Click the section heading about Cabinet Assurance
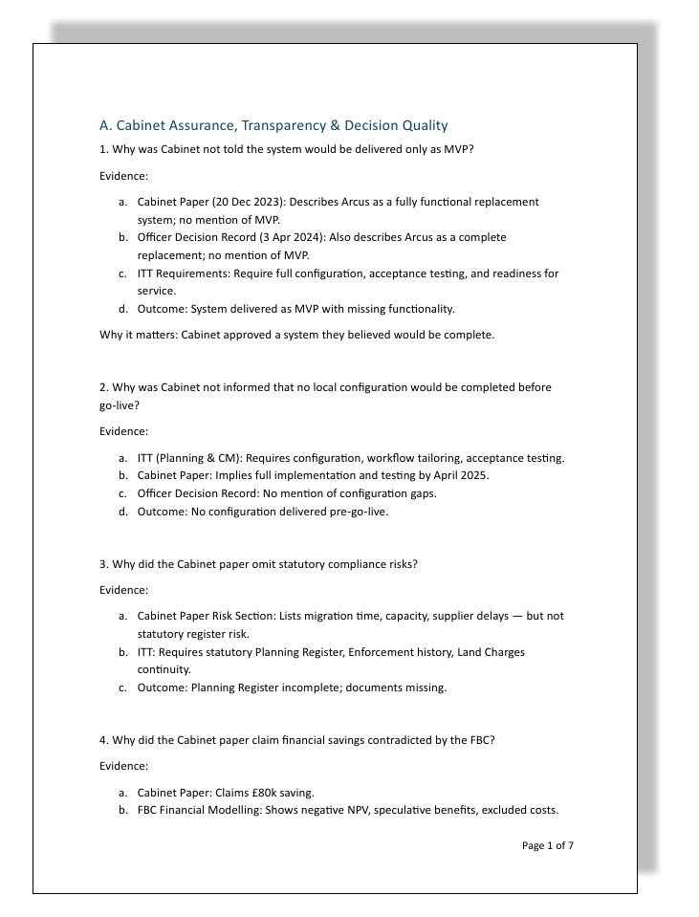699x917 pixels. click(273, 125)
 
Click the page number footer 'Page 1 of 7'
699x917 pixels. click(548, 845)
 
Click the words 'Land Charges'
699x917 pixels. click(491, 652)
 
